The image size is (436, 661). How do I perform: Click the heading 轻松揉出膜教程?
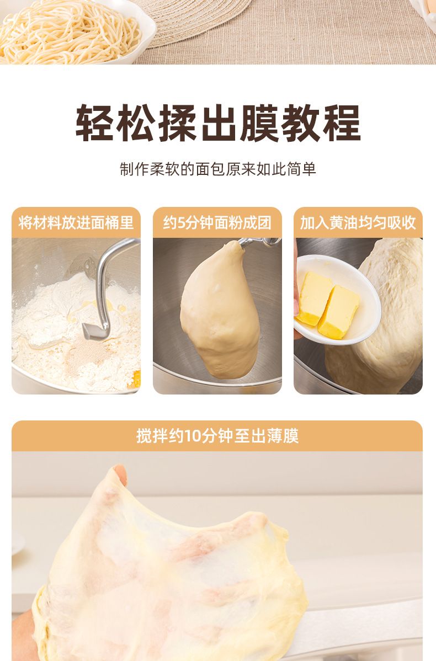pyautogui.click(x=218, y=122)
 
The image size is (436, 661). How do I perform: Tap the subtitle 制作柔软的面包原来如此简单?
pyautogui.click(x=218, y=169)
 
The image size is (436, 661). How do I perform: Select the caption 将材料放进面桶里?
pyautogui.click(x=76, y=222)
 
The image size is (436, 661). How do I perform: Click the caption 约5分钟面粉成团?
pyautogui.click(x=217, y=222)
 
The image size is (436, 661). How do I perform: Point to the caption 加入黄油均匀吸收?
pyautogui.click(x=358, y=222)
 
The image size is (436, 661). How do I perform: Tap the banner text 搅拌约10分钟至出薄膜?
pyautogui.click(x=217, y=436)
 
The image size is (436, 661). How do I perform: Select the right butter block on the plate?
pyautogui.click(x=338, y=312)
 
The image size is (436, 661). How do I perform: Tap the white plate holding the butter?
pyautogui.click(x=337, y=300)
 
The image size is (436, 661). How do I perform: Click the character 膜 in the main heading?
pyautogui.click(x=260, y=122)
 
